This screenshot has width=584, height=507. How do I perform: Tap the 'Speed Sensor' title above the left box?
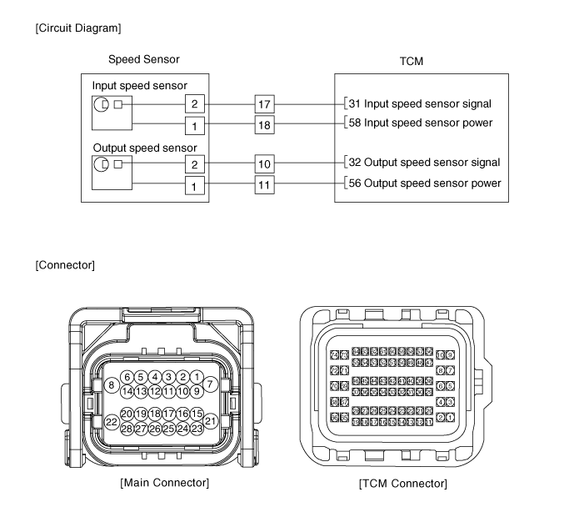[143, 60]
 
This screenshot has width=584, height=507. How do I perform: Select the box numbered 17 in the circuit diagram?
[264, 104]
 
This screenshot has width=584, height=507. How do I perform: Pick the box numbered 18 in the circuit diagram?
[264, 124]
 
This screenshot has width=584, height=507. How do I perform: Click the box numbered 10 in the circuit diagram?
[264, 163]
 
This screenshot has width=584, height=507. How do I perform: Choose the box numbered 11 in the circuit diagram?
[264, 183]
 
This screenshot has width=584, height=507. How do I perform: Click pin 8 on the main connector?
[111, 385]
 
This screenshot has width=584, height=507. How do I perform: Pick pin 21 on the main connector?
[211, 422]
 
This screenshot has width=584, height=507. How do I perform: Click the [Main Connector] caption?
[164, 483]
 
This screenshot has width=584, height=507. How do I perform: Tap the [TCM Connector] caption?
[402, 484]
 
